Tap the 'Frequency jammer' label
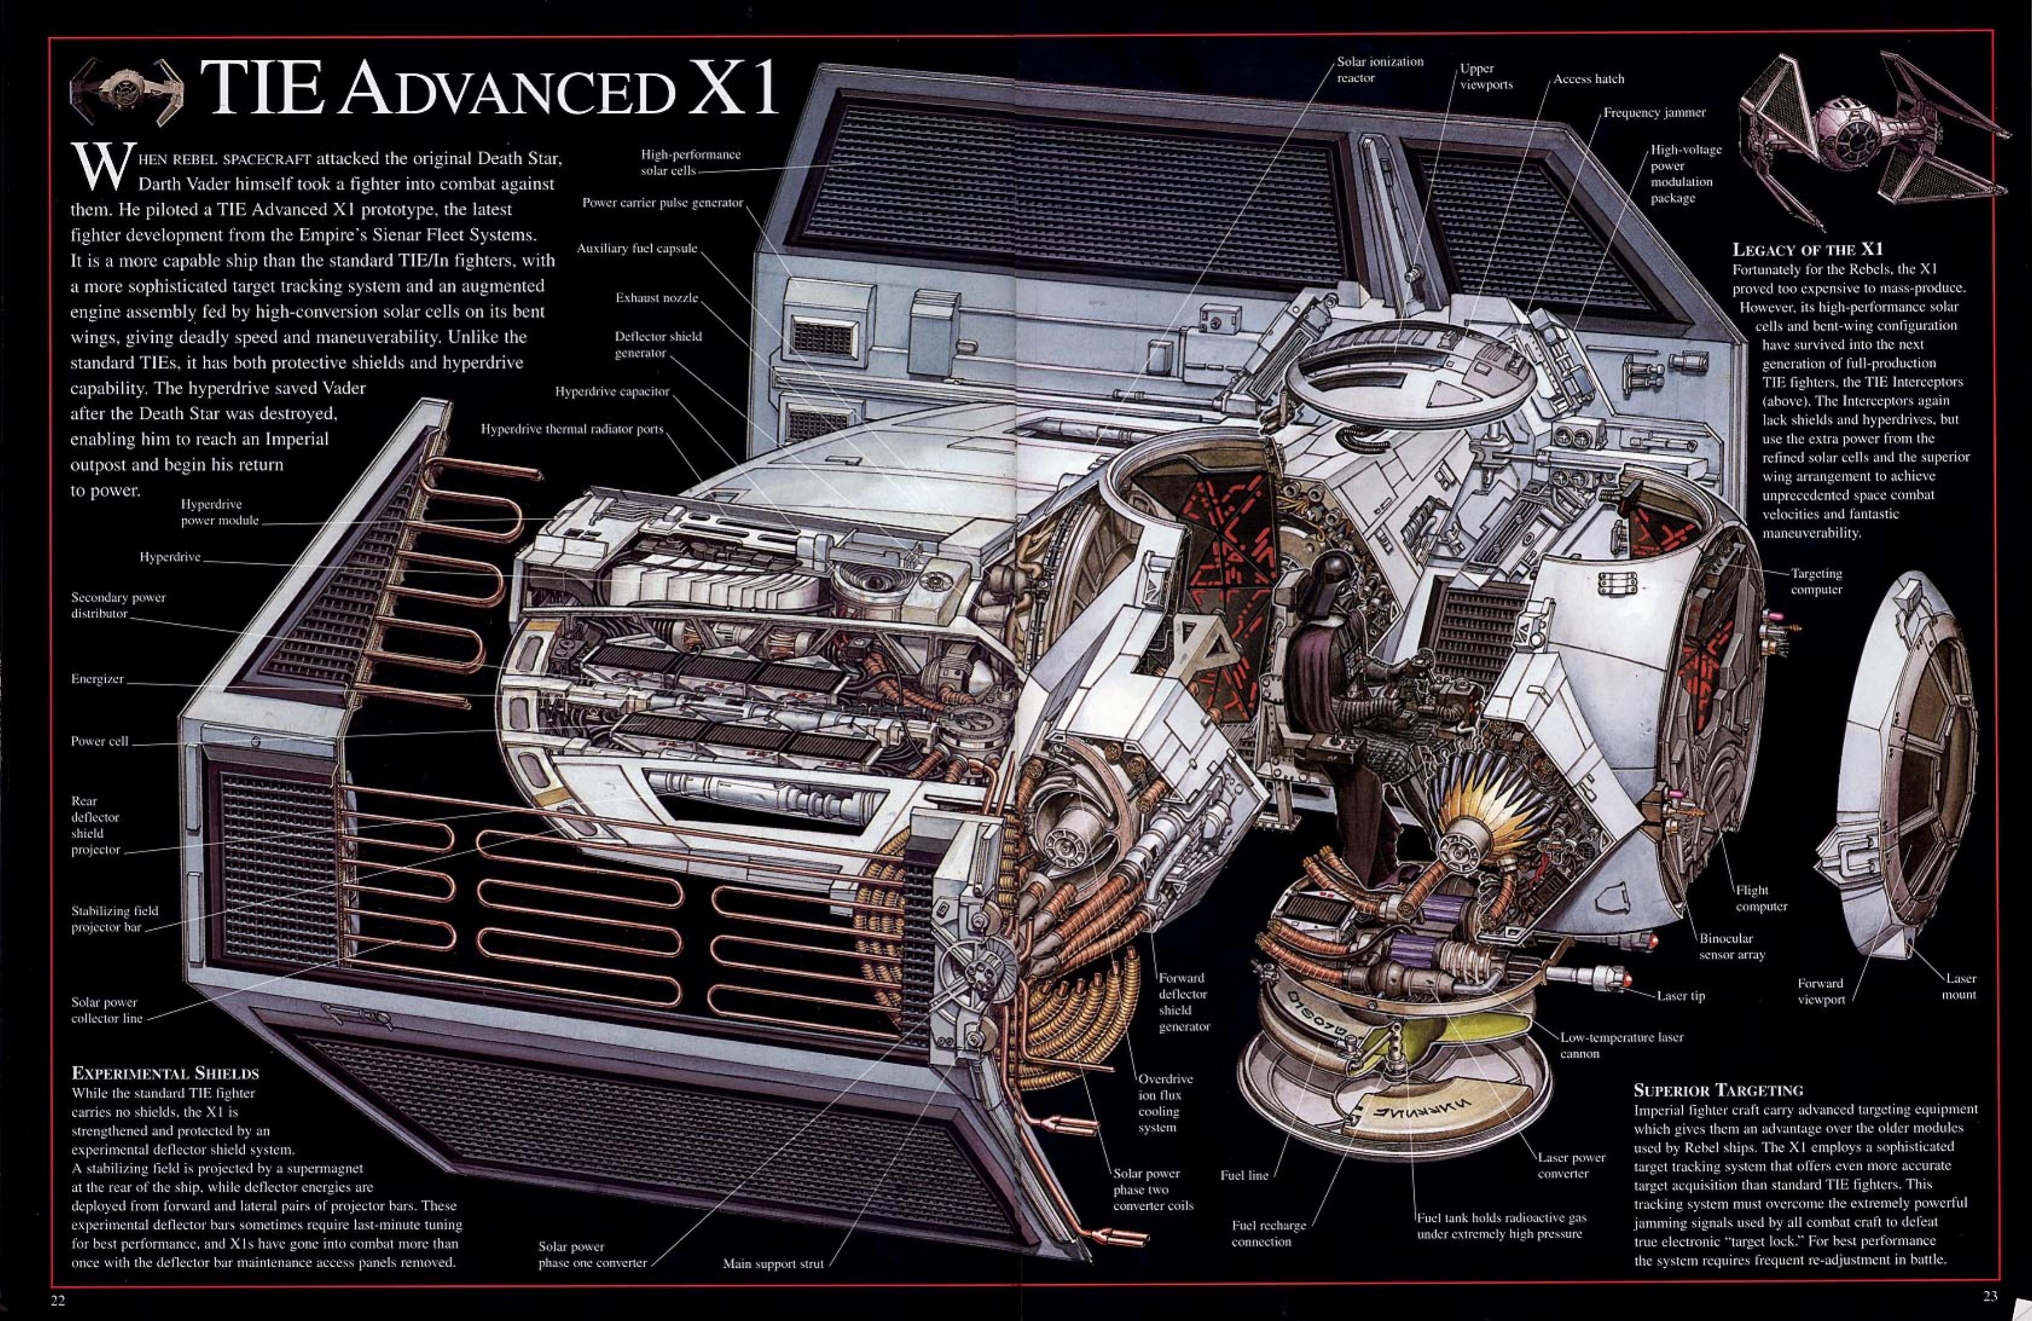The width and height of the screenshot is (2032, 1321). [x=1654, y=113]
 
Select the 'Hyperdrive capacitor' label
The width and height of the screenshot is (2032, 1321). [x=611, y=392]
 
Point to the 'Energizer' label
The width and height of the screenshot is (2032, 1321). [x=97, y=679]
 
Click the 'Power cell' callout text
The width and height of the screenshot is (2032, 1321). [x=99, y=741]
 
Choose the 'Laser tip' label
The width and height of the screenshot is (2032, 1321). [x=1680, y=996]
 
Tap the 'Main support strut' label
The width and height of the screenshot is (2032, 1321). [x=773, y=1264]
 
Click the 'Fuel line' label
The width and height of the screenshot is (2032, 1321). [x=1244, y=1175]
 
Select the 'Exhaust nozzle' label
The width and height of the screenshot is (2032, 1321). [x=657, y=298]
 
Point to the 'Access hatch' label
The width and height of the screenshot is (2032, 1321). [x=1588, y=79]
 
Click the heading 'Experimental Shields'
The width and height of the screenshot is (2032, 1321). [x=165, y=1073]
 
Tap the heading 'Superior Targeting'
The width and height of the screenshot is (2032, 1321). [x=1718, y=1090]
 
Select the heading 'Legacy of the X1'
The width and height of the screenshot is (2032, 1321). [x=1807, y=250]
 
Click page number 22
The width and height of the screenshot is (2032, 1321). [x=58, y=1300]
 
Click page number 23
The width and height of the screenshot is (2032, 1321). [x=1990, y=1296]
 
